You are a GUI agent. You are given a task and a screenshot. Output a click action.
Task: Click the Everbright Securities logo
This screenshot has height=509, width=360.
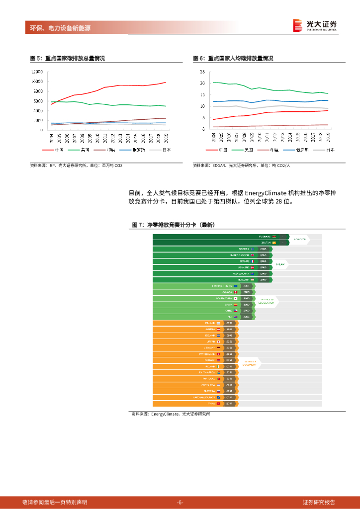click(314, 26)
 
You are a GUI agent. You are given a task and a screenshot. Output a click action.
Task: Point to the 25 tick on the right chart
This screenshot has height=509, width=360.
click(202, 72)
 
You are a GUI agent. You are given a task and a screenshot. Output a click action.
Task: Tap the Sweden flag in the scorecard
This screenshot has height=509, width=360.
click(252, 249)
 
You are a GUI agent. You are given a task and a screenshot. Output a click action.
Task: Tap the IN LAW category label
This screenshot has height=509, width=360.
click(280, 264)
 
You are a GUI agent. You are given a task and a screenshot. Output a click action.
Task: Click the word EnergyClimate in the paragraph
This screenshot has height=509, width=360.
click(280, 192)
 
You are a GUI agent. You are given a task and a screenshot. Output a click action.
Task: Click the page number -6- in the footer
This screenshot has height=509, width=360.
click(180, 502)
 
